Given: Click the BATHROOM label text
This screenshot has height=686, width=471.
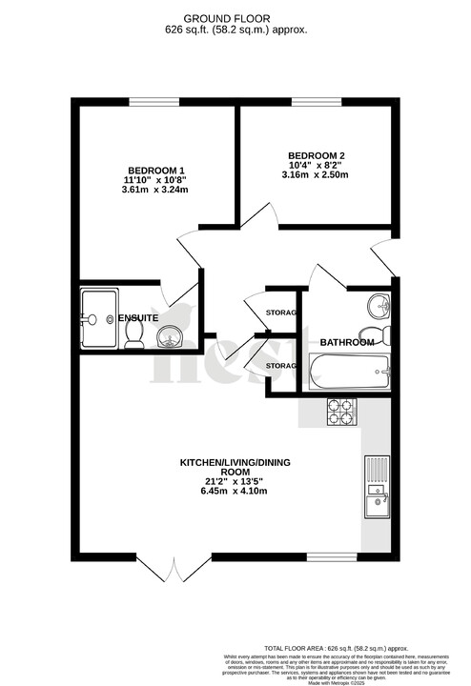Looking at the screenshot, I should coord(346,342).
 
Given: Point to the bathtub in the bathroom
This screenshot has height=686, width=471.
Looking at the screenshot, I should coord(349,371).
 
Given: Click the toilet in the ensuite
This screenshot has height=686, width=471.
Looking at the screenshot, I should coord(134,331).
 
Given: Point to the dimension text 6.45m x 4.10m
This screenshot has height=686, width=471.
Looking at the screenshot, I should coord(235,492).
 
